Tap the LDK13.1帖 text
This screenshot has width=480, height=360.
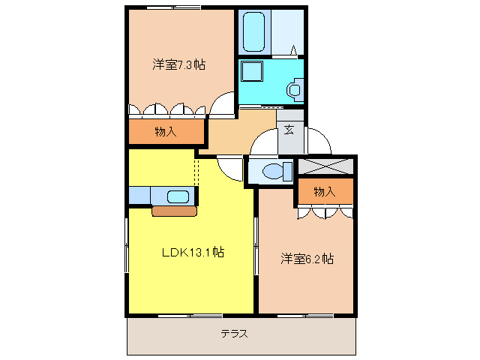(193, 252)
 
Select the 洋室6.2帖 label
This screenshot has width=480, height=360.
(307, 259)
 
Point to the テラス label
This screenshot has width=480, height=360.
(235, 334)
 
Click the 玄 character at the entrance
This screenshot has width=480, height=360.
(289, 129)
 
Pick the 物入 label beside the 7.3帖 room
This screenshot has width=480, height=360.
(165, 132)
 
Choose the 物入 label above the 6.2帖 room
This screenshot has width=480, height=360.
(324, 192)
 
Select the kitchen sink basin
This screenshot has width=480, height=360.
(178, 197)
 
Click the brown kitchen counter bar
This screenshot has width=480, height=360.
(174, 211)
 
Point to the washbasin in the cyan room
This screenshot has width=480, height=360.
(294, 91)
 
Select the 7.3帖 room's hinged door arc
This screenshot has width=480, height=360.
(222, 106)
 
